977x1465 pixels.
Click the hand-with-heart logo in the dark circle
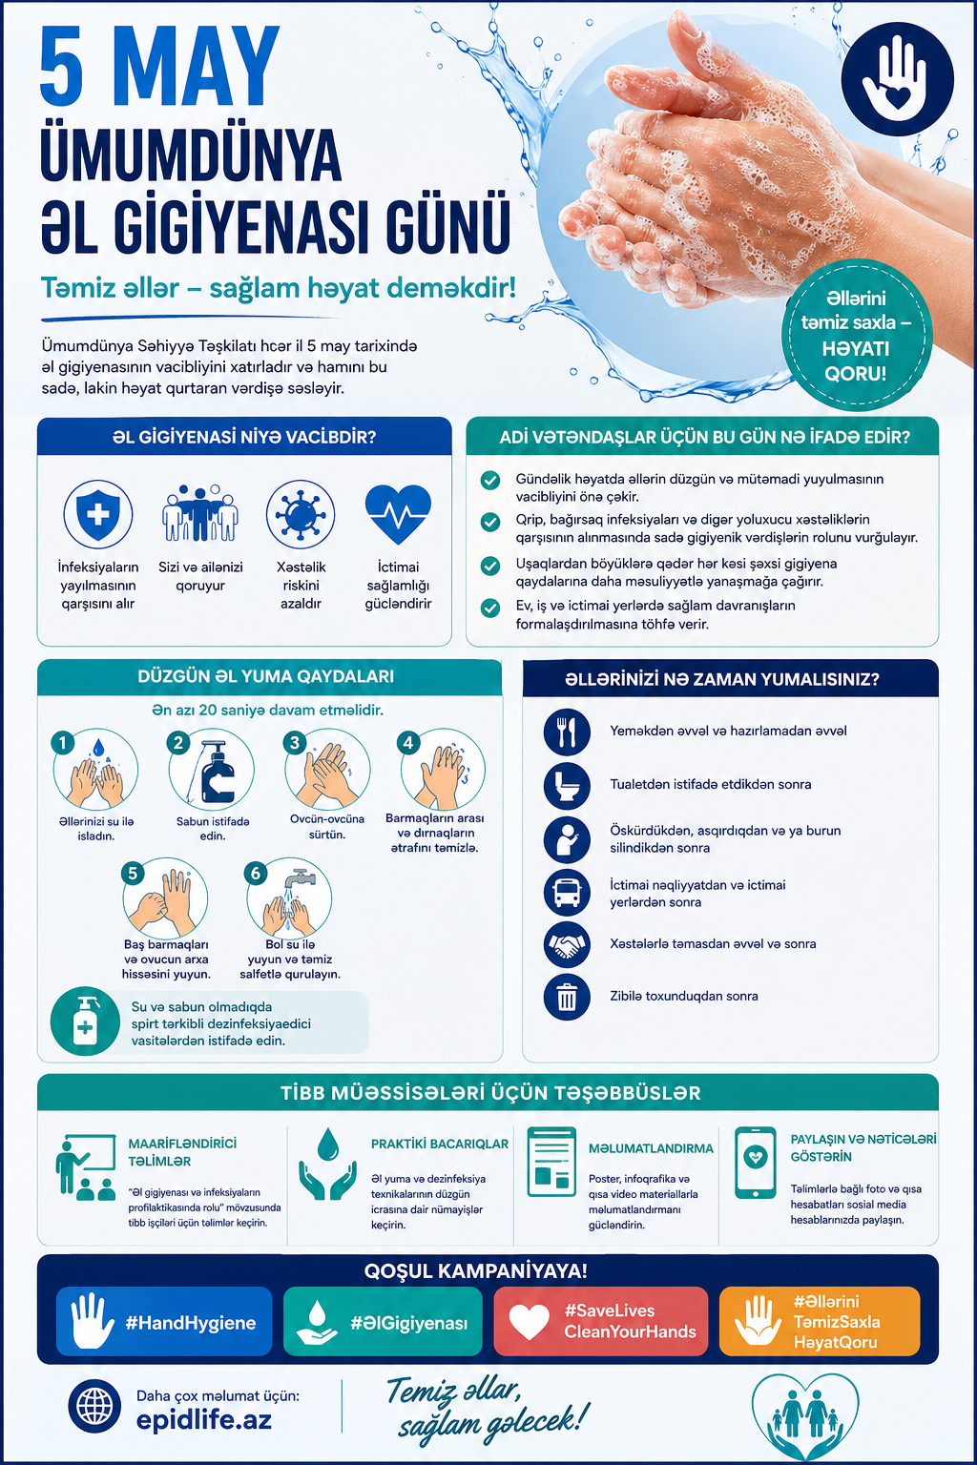(x=897, y=79)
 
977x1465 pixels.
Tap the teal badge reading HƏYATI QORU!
(x=856, y=336)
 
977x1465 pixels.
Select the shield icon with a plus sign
(x=98, y=514)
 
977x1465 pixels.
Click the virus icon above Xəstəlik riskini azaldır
(x=301, y=514)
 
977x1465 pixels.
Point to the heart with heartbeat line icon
(x=398, y=514)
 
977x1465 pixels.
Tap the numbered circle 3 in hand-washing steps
(x=294, y=742)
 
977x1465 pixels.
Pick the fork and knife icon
(x=567, y=732)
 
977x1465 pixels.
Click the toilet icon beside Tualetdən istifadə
(x=567, y=786)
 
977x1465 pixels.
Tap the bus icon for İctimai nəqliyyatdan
(x=567, y=892)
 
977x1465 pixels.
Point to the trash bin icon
(x=567, y=997)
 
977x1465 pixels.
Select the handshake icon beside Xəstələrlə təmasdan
(x=567, y=944)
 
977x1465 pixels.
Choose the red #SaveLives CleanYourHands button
(x=601, y=1321)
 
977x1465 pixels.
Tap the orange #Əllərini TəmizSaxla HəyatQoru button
(x=820, y=1321)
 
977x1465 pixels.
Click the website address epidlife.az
(x=203, y=1420)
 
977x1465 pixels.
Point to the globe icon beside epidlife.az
(x=94, y=1406)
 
